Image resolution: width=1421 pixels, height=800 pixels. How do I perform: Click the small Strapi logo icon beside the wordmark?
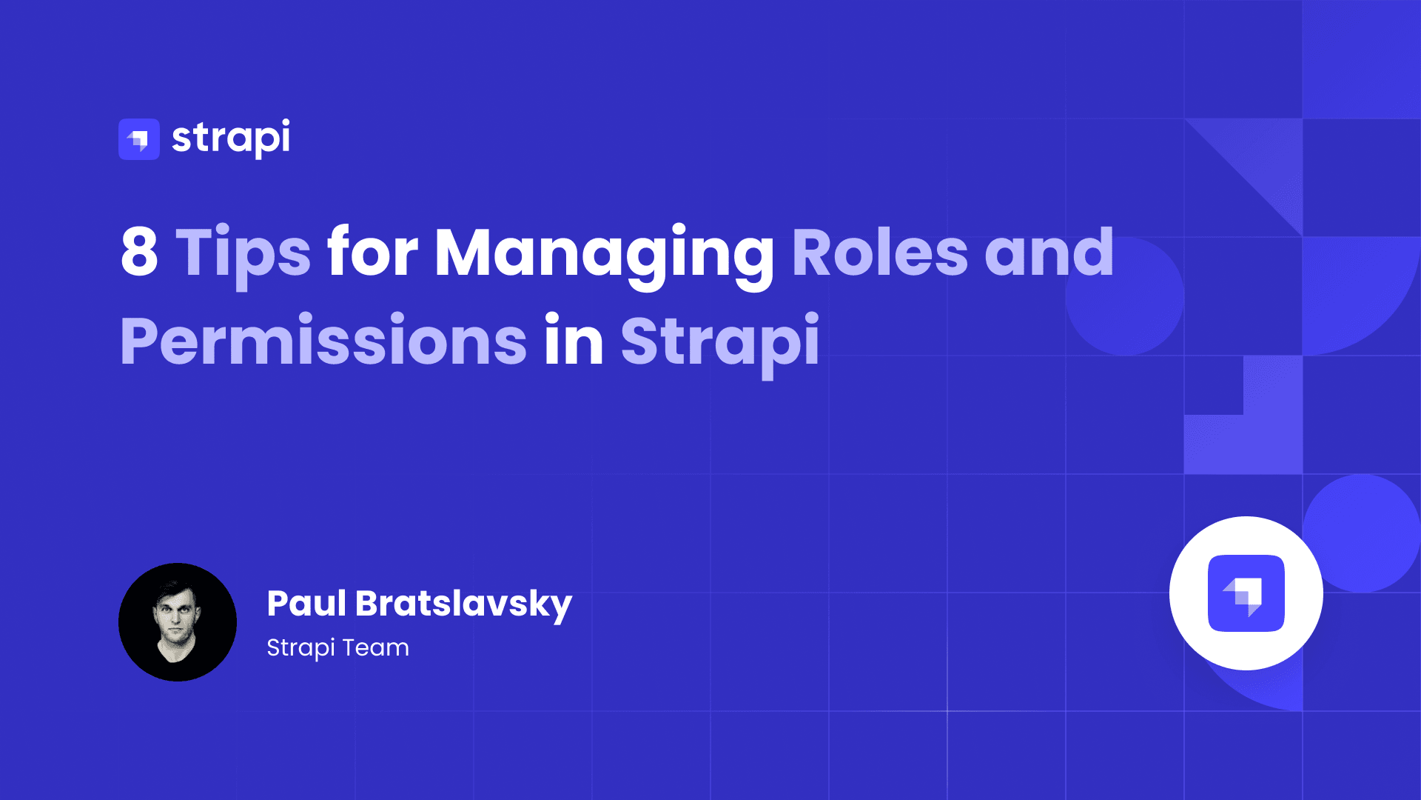139,139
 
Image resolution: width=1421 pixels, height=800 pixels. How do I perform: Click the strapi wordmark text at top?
231,138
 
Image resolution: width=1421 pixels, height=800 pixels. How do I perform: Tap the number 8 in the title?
139,253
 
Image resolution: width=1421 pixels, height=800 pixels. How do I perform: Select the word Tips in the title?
243,254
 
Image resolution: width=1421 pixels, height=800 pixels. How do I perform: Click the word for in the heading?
372,253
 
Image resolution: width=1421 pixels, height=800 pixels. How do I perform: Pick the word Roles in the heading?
879,253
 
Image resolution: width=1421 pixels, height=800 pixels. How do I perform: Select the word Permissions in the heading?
323,341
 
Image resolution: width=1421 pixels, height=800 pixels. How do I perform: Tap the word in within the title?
574,340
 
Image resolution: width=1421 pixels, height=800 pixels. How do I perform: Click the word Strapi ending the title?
719,343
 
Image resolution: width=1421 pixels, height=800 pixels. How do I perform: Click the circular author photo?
178,622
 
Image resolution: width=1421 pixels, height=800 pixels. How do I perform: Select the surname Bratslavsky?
463,604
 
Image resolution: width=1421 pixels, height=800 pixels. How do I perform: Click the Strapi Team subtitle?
337,647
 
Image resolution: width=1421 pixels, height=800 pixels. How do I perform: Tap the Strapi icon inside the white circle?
1246,593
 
